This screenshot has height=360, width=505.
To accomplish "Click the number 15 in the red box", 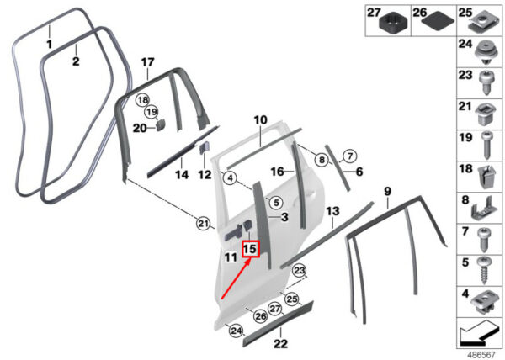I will pos(250,249).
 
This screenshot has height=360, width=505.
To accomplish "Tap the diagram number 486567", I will pos(481,354).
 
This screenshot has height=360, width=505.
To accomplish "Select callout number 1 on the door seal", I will pos(49,42).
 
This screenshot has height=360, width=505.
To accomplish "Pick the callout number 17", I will pos(147,61).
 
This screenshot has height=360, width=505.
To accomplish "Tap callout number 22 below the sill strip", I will pos(280,343).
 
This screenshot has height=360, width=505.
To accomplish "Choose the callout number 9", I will pos(387,193).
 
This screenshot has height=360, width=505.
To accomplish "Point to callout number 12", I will pos(205,175).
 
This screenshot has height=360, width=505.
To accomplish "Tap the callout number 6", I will pos(359,172).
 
